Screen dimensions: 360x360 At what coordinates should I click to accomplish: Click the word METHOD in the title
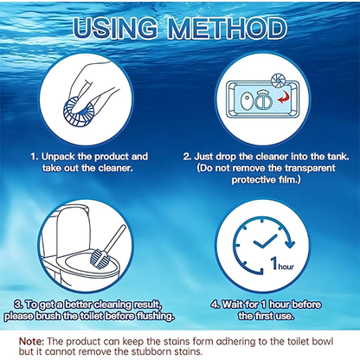[231, 28]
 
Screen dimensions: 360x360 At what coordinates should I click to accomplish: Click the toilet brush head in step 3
[100, 254]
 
